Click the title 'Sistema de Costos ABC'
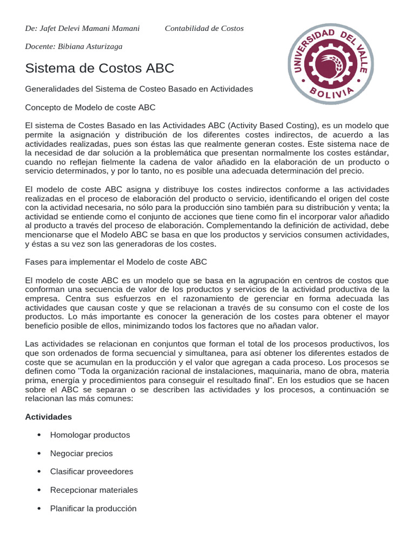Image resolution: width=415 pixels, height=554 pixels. (99, 68)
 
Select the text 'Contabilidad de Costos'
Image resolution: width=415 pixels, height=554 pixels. (204, 28)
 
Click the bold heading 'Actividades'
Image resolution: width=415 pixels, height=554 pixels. (49, 417)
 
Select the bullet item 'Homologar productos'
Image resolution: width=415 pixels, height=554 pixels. (90, 435)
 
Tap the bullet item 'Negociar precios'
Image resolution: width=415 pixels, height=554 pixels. (81, 453)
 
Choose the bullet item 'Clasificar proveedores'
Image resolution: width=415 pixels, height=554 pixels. (91, 472)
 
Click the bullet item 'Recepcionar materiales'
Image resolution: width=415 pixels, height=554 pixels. (93, 490)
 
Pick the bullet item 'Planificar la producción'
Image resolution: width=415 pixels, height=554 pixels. (93, 509)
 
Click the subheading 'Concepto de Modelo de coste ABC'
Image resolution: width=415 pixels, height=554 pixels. (90, 107)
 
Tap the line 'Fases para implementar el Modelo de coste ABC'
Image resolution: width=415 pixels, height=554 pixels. (116, 262)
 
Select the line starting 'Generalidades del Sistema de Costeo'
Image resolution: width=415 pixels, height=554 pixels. (139, 89)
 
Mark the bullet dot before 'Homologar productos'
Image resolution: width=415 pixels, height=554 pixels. (39, 436)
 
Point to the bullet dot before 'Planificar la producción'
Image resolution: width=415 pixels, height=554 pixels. (39, 509)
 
